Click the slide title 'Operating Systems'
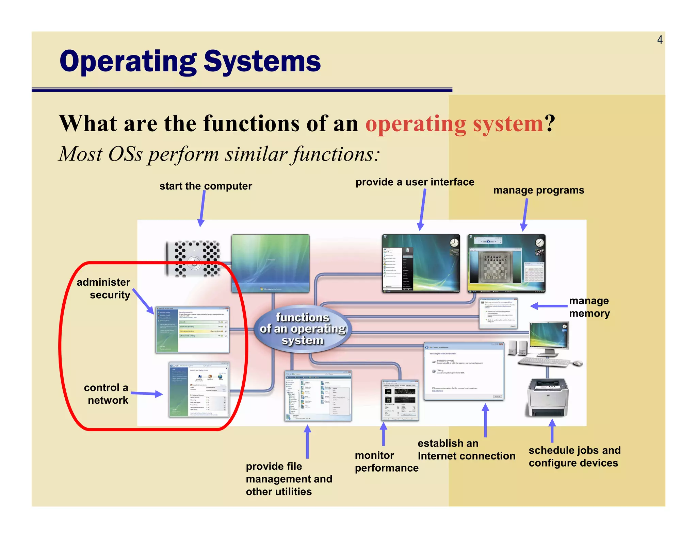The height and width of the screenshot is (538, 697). click(x=190, y=62)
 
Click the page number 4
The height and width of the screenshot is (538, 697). click(x=660, y=40)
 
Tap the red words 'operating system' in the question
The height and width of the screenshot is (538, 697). click(x=454, y=123)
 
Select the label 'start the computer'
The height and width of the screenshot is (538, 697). click(x=206, y=186)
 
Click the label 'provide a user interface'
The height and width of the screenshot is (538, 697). click(x=415, y=182)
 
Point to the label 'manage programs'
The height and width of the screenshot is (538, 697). click(x=538, y=190)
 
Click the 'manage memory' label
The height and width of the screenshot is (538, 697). click(x=589, y=307)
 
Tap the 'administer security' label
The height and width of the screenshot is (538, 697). click(x=104, y=288)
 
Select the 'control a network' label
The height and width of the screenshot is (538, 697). click(x=106, y=394)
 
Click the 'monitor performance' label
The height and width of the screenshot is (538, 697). click(x=386, y=461)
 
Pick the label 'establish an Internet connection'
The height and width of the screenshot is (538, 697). click(x=466, y=450)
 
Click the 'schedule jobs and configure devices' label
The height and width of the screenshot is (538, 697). click(x=574, y=456)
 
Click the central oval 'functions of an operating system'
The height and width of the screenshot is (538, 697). click(x=302, y=329)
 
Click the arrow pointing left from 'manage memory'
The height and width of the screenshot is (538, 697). click(x=548, y=306)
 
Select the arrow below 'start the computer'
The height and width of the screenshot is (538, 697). click(x=202, y=208)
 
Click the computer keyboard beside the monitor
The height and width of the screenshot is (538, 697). click(x=544, y=362)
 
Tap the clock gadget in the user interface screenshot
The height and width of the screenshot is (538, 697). click(x=454, y=243)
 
